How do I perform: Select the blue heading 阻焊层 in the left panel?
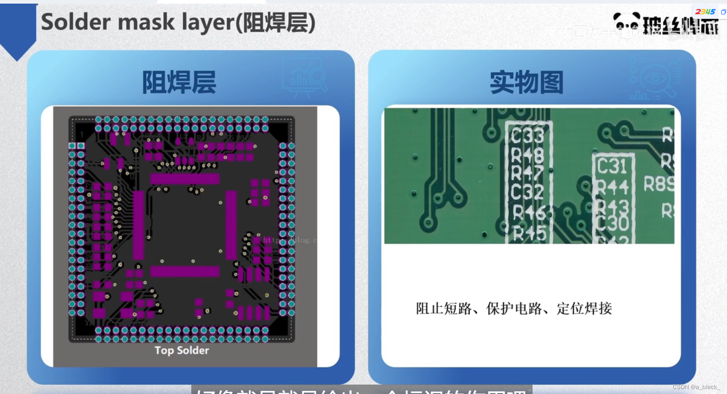(x=179, y=83)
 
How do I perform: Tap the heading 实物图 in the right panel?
(x=526, y=83)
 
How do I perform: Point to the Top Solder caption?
(x=182, y=350)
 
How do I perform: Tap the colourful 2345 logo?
(x=705, y=12)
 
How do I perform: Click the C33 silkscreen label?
(x=528, y=136)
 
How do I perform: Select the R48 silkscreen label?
(x=528, y=155)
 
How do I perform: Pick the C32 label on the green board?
(x=527, y=192)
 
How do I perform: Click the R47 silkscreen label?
(x=527, y=173)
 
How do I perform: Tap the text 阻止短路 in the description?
(x=444, y=309)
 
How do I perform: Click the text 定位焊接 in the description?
(x=584, y=309)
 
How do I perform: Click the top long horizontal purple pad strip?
(x=185, y=179)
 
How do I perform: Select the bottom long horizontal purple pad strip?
(x=185, y=271)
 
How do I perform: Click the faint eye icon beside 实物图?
(x=655, y=79)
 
